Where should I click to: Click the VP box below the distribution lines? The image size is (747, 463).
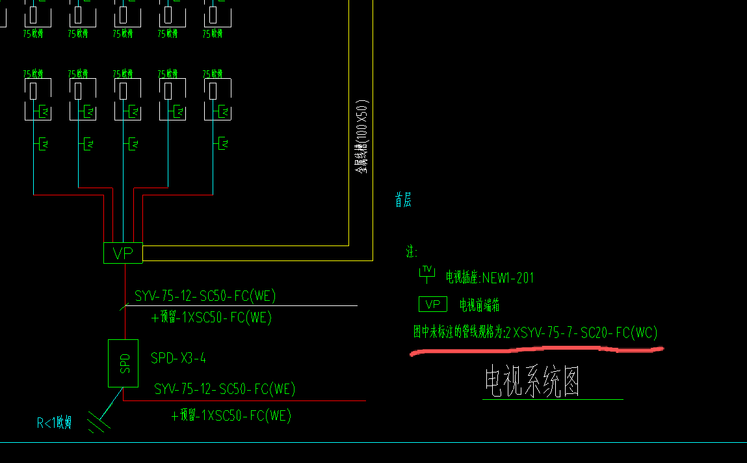click(x=123, y=253)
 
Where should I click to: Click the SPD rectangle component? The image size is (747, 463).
click(x=123, y=363)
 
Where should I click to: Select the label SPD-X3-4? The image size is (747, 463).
click(x=178, y=358)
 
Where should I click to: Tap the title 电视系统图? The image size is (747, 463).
click(x=532, y=382)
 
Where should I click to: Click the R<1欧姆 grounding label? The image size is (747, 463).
click(x=54, y=423)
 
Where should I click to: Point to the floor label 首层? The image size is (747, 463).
click(x=403, y=200)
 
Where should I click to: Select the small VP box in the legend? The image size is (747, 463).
click(x=432, y=304)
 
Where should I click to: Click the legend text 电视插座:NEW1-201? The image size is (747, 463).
click(x=490, y=278)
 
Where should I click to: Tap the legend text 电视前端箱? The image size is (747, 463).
click(x=479, y=305)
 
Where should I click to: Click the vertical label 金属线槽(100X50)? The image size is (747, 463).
click(x=361, y=137)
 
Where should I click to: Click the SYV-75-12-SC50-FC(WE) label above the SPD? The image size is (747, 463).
click(x=205, y=296)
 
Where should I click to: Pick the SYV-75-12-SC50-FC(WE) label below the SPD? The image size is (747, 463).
click(x=224, y=389)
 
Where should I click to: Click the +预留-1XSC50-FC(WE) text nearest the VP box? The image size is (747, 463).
click(x=211, y=318)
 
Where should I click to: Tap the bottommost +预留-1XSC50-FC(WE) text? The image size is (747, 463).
click(x=231, y=415)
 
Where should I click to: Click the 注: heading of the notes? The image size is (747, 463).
click(x=412, y=252)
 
